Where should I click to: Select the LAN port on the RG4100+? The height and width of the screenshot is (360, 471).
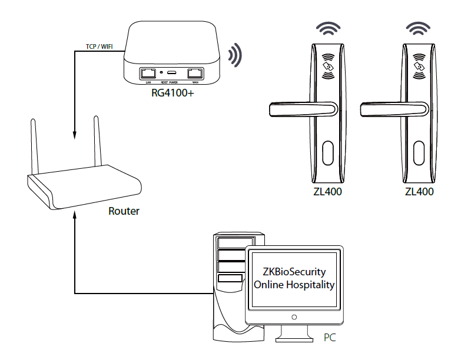[147, 74]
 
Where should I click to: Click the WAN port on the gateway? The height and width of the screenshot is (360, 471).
[195, 74]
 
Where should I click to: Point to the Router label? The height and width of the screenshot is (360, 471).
[124, 211]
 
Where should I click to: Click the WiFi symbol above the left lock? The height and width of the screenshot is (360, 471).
[329, 29]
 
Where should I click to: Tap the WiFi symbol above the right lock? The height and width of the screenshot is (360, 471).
[419, 29]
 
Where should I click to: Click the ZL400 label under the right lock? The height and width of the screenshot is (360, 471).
[419, 192]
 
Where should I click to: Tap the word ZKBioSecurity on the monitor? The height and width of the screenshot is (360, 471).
[294, 272]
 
